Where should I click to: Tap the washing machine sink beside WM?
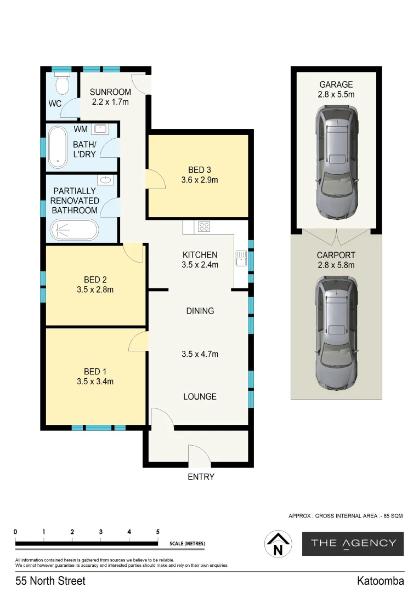[100, 129]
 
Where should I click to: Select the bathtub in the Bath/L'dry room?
[56, 147]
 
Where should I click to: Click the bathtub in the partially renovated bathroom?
[74, 230]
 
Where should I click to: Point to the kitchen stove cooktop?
[204, 226]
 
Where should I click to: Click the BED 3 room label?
[200, 170]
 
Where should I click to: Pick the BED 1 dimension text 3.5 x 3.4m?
[95, 382]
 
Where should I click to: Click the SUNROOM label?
[110, 92]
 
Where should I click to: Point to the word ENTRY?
[201, 477]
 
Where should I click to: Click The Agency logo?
[353, 543]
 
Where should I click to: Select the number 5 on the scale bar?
[157, 532]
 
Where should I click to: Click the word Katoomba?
[380, 580]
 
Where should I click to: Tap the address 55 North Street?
[50, 580]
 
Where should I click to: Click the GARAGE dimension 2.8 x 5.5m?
[336, 95]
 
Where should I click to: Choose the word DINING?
[200, 311]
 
